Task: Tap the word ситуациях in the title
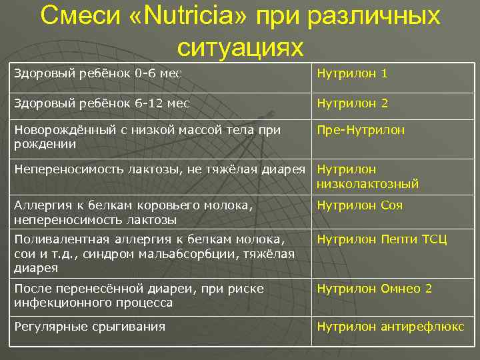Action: (x=240, y=47)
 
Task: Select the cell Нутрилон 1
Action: (x=352, y=73)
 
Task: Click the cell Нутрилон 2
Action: (x=352, y=103)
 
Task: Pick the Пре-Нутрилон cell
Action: (x=361, y=130)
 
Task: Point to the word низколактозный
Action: (x=368, y=183)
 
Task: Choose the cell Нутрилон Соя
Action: (x=360, y=206)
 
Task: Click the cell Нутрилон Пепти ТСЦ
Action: (x=382, y=239)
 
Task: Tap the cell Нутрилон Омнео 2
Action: (x=375, y=289)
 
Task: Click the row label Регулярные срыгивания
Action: (x=89, y=326)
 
